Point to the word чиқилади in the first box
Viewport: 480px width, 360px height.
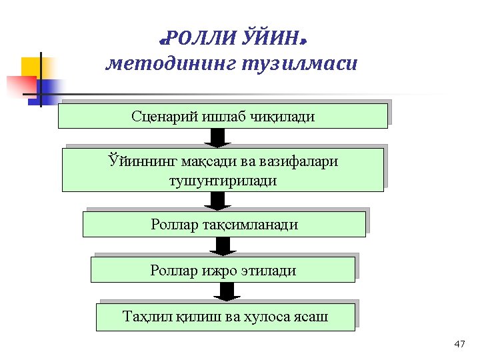click(x=281, y=116)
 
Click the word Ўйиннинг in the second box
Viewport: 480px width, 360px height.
click(x=137, y=162)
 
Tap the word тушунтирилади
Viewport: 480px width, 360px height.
click(x=223, y=180)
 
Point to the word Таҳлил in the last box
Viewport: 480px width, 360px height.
click(x=144, y=316)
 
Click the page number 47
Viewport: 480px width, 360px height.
click(x=459, y=344)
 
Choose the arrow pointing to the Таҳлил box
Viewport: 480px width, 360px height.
click(x=227, y=292)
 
